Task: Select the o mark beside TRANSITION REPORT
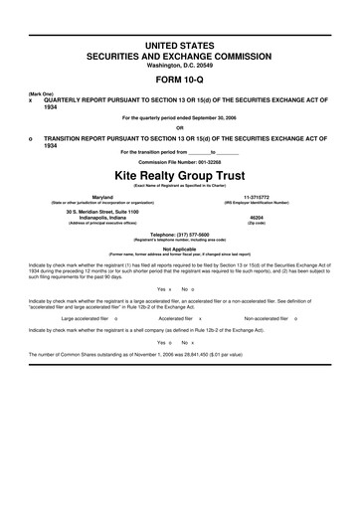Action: [31, 138]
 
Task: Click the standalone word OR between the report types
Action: [180, 126]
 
